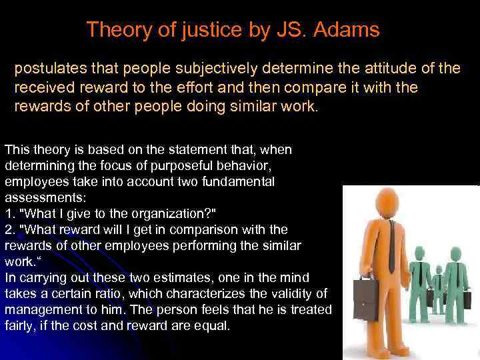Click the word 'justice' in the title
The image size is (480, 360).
pos(205,30)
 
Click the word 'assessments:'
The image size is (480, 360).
pos(39,198)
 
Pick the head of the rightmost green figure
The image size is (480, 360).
pos(456,254)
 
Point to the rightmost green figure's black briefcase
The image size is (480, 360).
pos(467,299)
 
